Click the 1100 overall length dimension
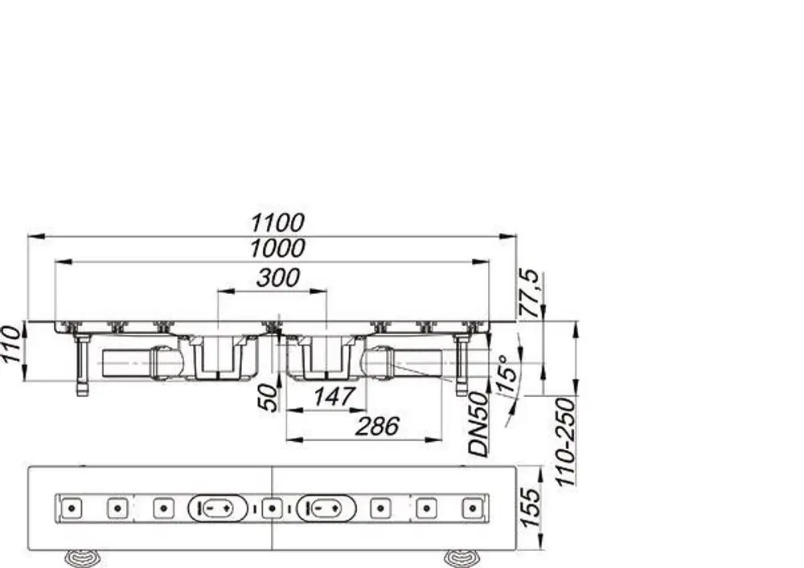click(x=277, y=223)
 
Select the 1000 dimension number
click(x=277, y=248)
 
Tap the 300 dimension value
click(x=278, y=278)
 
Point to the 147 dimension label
click(x=334, y=396)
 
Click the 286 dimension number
click(x=377, y=426)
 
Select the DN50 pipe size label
click(x=479, y=424)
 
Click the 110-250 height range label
click(x=566, y=443)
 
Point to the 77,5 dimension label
click(x=529, y=293)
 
